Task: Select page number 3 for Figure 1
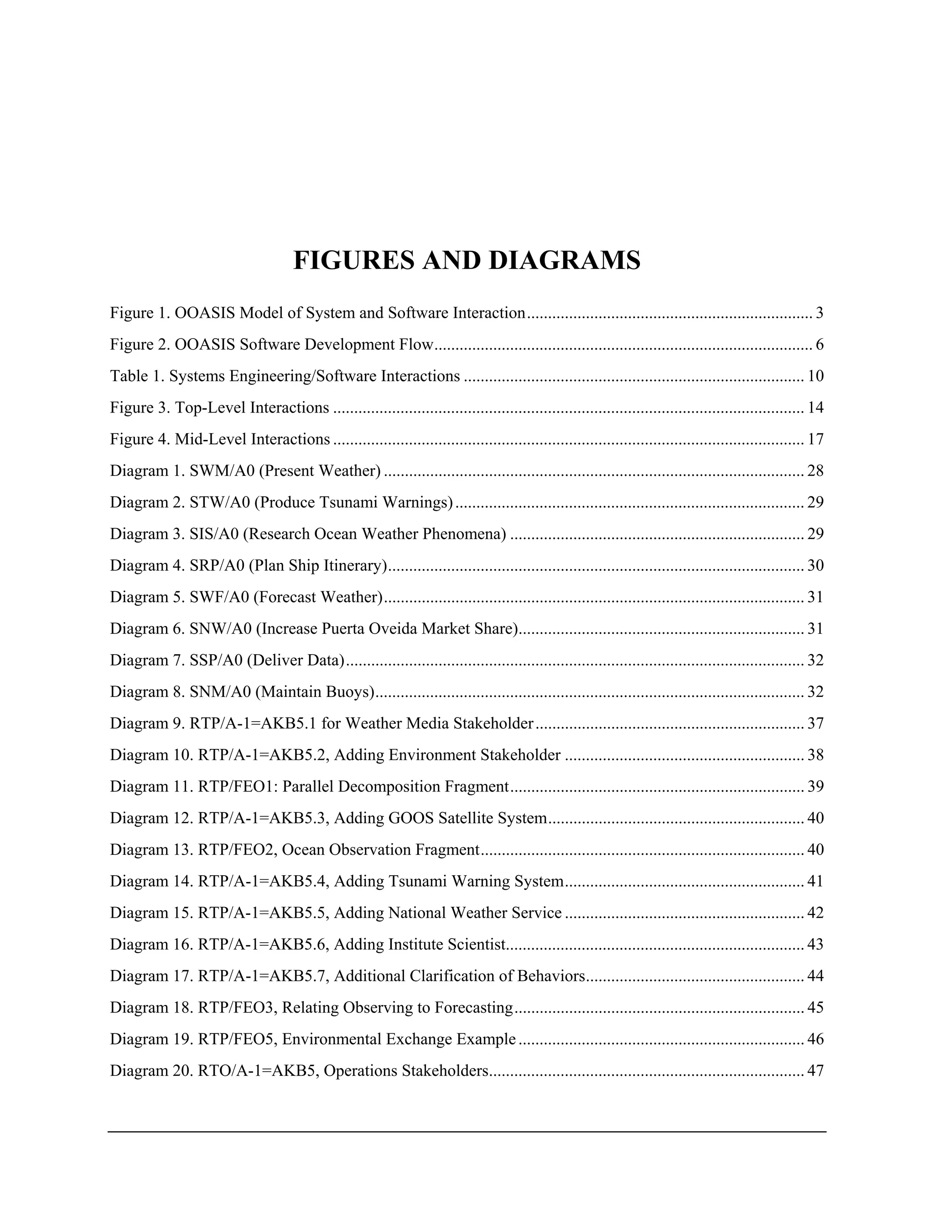pos(820,313)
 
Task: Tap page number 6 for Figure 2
pos(820,345)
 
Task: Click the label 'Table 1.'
pos(137,376)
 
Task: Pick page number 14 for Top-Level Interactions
pos(815,408)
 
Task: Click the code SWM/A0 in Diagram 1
pos(221,471)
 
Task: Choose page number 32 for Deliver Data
pos(815,660)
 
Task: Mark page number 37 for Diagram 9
pos(815,723)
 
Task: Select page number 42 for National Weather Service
pos(815,913)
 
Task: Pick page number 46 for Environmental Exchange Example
pos(815,1039)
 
